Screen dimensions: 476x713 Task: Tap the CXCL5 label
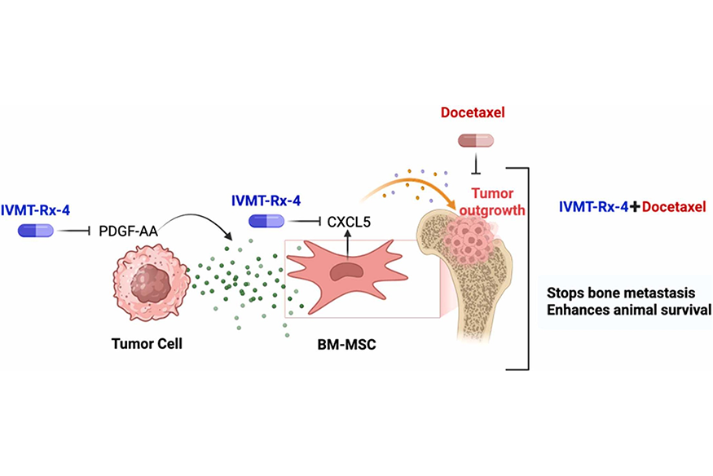pyautogui.click(x=350, y=220)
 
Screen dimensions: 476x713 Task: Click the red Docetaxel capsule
pyautogui.click(x=476, y=142)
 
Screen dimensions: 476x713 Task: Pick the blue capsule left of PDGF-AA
pyautogui.click(x=36, y=231)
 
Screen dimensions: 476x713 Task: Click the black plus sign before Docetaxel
pyautogui.click(x=635, y=207)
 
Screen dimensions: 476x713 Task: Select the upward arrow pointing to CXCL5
pyautogui.click(x=349, y=241)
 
